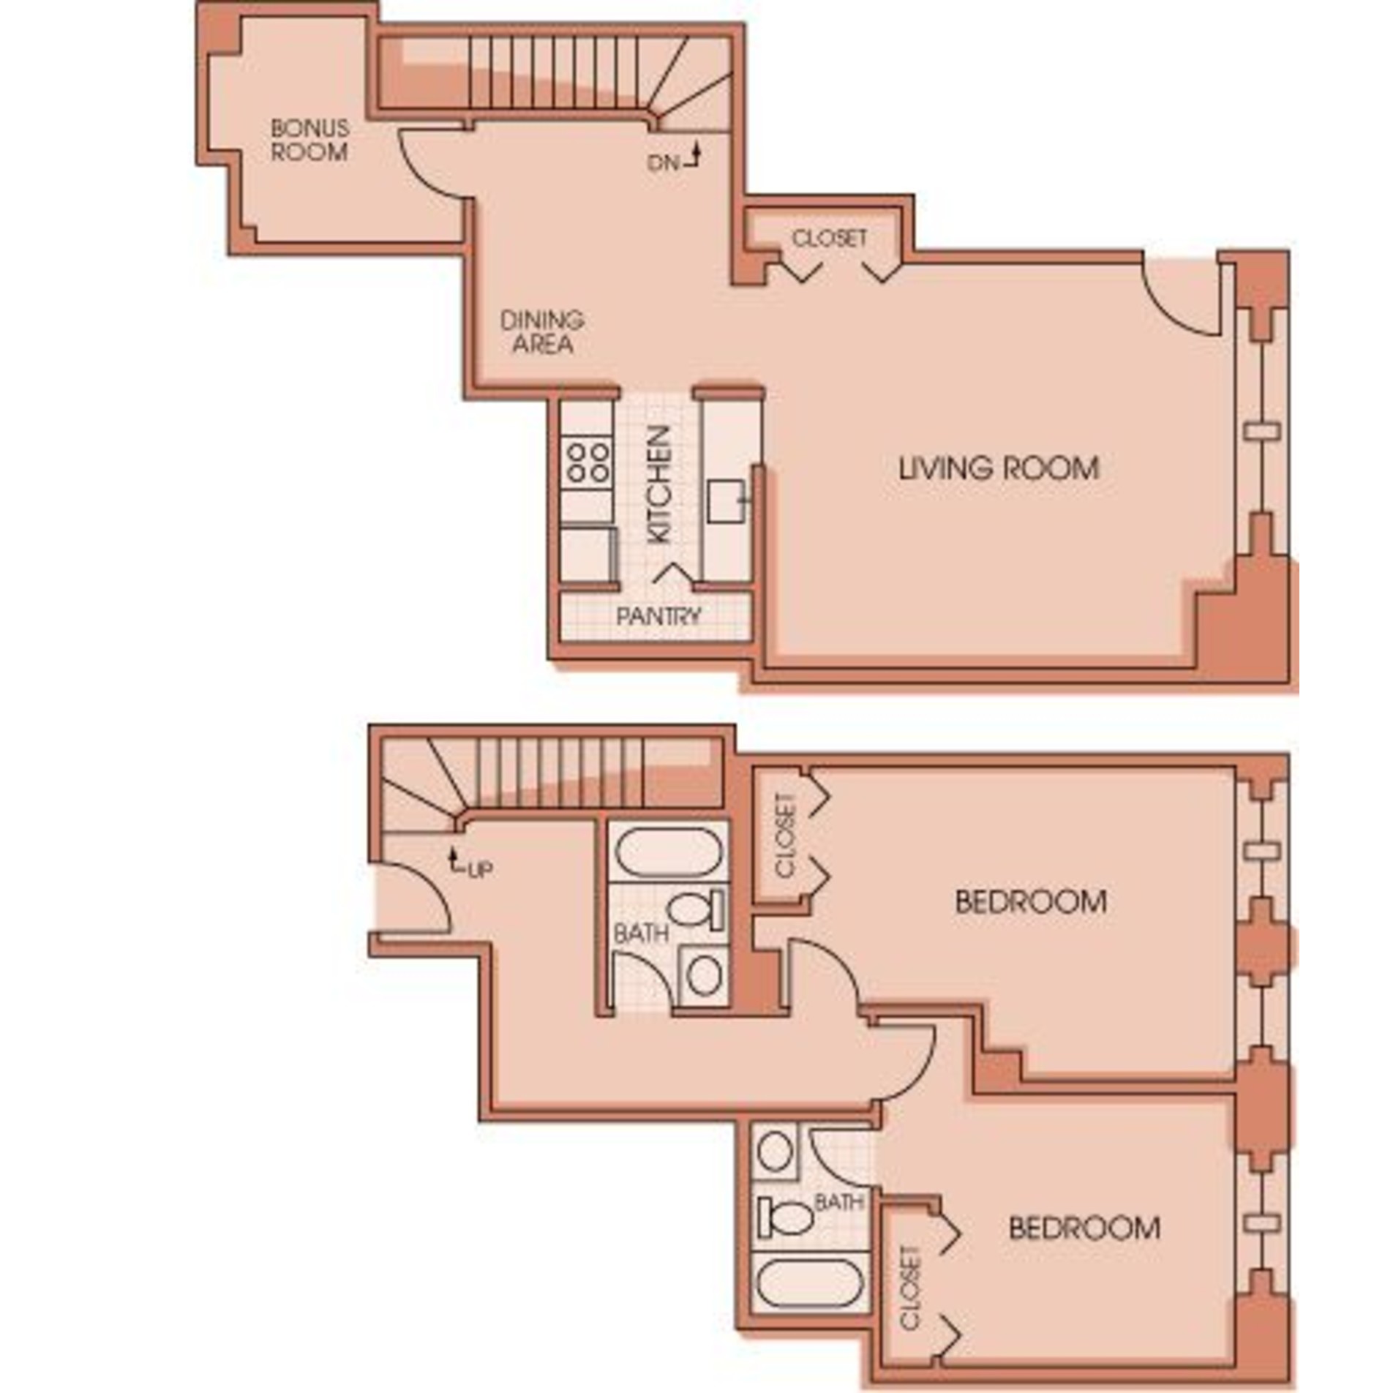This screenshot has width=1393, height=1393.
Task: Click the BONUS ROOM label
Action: (309, 140)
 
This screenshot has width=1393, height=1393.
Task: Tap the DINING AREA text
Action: (542, 331)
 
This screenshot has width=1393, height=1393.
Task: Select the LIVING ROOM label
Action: (999, 468)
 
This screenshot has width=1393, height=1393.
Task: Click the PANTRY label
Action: (658, 616)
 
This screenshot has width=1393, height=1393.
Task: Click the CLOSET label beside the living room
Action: (830, 238)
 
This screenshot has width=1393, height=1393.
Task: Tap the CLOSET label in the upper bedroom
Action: (786, 835)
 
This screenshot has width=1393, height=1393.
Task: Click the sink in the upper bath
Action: (704, 975)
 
